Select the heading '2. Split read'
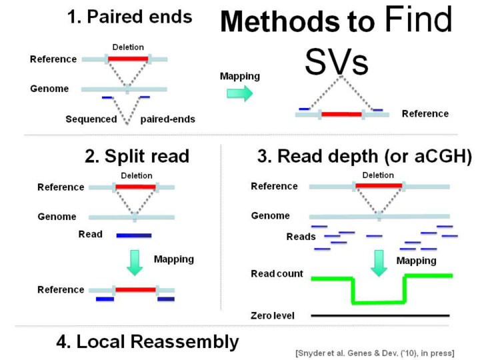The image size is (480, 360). [x=137, y=157]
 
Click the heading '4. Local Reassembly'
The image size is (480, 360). [x=147, y=342]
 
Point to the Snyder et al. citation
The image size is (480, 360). [x=374, y=352]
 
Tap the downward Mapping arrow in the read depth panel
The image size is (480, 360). [x=379, y=262]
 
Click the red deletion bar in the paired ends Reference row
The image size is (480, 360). [x=128, y=59]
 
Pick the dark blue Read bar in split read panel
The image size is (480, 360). [x=134, y=235]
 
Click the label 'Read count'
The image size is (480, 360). [x=277, y=274]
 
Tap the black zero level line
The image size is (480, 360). [x=380, y=315]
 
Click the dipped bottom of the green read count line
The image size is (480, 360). [x=378, y=302]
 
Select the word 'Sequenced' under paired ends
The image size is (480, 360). [x=91, y=120]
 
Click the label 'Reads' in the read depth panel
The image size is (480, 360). [x=301, y=237]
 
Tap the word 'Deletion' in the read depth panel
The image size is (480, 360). [x=378, y=175]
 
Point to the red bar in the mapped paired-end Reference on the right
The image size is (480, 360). [x=341, y=114]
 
